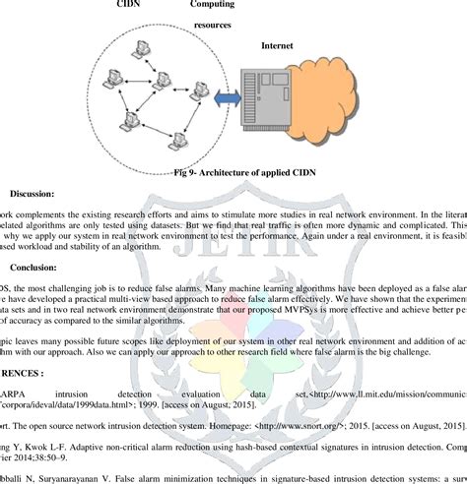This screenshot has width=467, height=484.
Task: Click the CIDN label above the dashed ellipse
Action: [128, 5]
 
